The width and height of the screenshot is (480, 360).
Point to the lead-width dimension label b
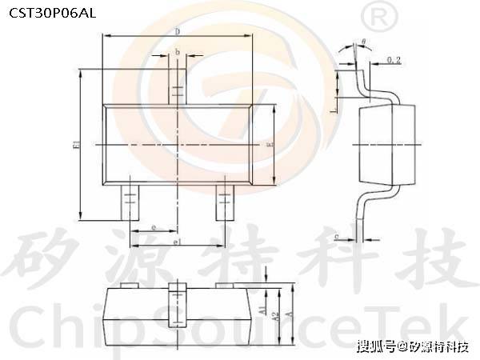177,53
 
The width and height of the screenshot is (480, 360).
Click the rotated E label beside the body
270,145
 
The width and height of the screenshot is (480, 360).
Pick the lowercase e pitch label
153,229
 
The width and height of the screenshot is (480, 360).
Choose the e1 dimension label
178,241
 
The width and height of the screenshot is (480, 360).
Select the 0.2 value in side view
394,60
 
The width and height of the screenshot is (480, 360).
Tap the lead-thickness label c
337,237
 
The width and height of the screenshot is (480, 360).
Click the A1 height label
262,309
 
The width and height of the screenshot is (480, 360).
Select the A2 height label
274,316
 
